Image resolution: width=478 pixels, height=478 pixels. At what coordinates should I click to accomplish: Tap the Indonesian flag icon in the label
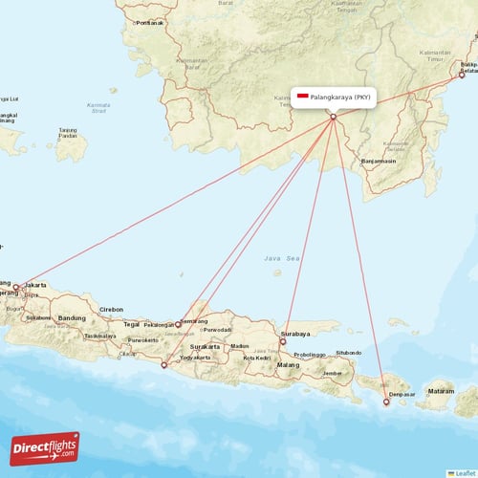tap(303, 97)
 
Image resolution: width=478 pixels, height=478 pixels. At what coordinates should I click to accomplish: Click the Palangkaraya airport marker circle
tap(333, 118)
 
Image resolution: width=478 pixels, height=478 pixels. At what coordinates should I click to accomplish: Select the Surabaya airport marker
tap(283, 341)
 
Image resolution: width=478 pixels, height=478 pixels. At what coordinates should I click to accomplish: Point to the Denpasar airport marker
tap(386, 402)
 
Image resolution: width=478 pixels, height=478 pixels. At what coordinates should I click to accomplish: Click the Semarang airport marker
tap(178, 324)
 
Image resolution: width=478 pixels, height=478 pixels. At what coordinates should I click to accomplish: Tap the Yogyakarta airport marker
tap(163, 364)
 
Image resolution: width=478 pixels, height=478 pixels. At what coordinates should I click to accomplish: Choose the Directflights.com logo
tap(45, 446)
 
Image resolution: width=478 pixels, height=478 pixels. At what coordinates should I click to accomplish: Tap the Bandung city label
tap(72, 318)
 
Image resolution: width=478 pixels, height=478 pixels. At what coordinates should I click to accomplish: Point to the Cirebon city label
tap(112, 310)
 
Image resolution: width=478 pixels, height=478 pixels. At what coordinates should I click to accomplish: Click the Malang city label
tap(288, 365)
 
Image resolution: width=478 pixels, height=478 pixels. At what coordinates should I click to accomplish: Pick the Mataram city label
tap(440, 391)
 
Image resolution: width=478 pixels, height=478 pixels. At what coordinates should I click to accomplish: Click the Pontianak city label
tap(150, 22)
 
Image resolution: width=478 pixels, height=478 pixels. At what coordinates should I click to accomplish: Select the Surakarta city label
tap(205, 346)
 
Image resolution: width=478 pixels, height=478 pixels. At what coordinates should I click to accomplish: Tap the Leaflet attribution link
tap(466, 472)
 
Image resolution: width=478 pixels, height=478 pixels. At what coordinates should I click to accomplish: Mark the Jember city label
tap(333, 373)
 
